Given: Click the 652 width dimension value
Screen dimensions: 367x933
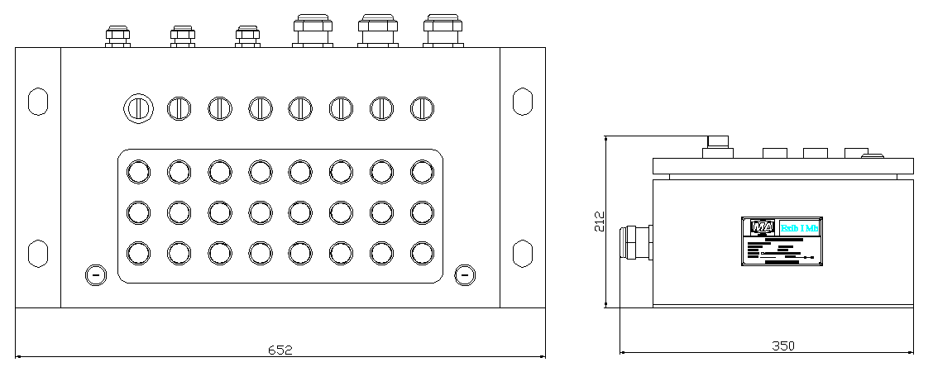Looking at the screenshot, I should [x=280, y=350].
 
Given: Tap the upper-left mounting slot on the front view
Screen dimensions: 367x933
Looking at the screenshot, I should [x=38, y=100].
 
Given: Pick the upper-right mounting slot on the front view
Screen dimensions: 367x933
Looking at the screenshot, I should [x=522, y=100].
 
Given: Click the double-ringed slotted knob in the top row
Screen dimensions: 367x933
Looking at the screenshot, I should [x=138, y=107].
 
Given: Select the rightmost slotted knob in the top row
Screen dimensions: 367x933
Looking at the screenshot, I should [x=422, y=107].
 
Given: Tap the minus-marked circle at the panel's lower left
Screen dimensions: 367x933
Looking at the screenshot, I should [x=96, y=274].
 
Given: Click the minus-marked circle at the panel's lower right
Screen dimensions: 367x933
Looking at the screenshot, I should [x=466, y=274].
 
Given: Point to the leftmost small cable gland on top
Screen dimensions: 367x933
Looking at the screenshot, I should [x=117, y=36].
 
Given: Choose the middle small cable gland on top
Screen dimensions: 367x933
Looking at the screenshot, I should [x=183, y=36].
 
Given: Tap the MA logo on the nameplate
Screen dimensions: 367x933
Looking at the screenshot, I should [x=762, y=226].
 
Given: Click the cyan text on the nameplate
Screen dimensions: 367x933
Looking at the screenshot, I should [x=800, y=227].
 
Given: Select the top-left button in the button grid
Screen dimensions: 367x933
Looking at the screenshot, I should [x=138, y=171].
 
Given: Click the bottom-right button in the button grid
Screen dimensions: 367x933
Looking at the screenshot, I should [x=422, y=251].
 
